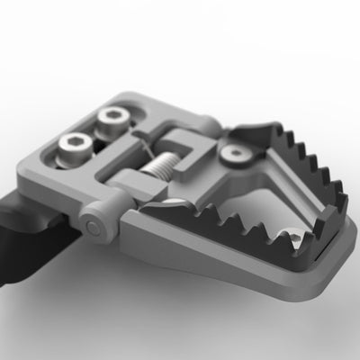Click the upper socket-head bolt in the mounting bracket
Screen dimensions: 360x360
114,117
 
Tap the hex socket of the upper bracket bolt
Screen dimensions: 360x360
114,115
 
